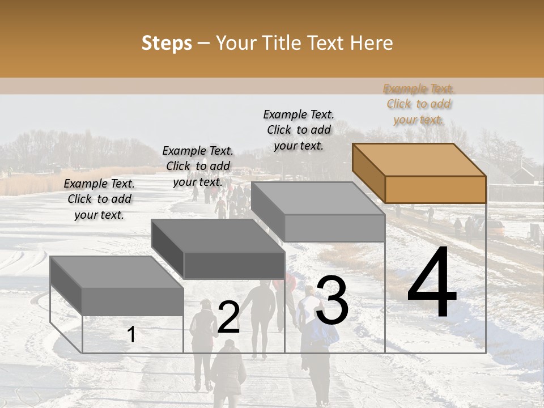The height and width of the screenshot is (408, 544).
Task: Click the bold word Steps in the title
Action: tap(167, 43)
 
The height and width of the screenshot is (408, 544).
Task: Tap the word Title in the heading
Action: tap(281, 43)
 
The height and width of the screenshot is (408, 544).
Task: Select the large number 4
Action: tap(432, 283)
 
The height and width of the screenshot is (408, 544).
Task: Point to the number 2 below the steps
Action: tap(228, 317)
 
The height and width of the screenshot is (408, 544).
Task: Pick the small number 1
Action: tap(131, 334)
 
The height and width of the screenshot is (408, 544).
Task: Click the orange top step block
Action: tap(419, 173)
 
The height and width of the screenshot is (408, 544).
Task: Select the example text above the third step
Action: tap(299, 130)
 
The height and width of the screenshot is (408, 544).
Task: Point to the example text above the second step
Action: tap(198, 166)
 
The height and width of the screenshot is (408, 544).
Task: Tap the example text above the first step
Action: tap(99, 199)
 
